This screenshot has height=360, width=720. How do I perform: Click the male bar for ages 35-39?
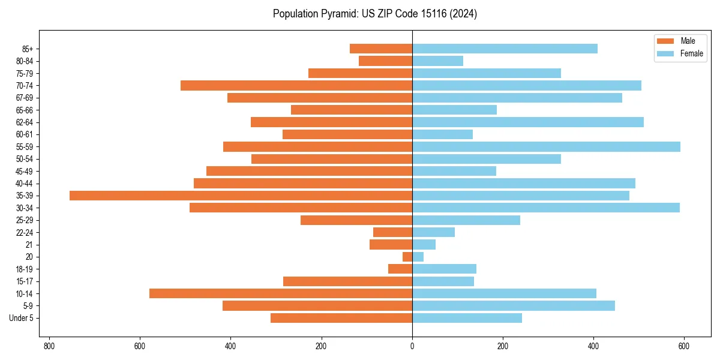point(241,196)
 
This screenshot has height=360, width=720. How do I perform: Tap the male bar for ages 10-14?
point(281,293)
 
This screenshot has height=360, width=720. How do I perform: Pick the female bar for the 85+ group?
point(505,49)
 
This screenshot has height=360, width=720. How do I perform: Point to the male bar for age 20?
point(407,257)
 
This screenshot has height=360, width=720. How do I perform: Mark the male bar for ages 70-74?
point(296,85)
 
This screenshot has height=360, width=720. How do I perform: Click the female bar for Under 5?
point(467,318)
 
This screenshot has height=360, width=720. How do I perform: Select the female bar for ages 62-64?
point(527,122)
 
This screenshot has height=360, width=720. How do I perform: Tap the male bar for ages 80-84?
point(385,61)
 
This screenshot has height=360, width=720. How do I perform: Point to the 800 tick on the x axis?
point(49,346)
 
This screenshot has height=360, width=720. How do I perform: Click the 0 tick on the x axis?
point(412,346)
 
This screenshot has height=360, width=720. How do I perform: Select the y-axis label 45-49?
point(25,171)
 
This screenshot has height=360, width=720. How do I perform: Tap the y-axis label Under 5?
point(21,318)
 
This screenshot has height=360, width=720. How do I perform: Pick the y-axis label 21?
point(29,245)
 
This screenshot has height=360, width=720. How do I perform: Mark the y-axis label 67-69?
point(25,98)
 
